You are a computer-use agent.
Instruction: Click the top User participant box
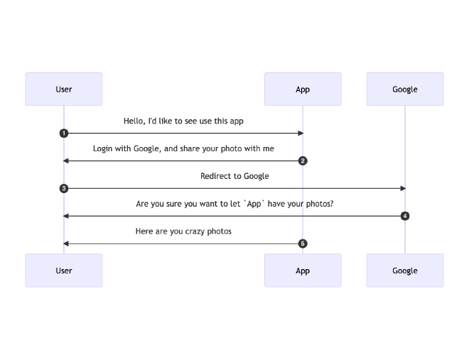point(64,89)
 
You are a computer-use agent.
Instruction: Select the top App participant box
point(303,89)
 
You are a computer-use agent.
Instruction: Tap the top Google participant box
point(405,89)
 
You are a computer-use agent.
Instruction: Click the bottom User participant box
point(64,271)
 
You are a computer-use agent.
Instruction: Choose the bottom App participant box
point(303,271)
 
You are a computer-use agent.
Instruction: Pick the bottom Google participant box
point(405,271)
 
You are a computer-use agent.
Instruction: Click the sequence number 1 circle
point(64,133)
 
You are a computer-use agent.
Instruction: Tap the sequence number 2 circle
point(303,161)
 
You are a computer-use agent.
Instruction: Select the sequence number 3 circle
point(64,189)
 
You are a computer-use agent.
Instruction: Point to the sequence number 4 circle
point(405,216)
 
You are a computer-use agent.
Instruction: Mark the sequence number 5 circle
point(303,244)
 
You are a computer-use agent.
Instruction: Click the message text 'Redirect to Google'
point(234,176)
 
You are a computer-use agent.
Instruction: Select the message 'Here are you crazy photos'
point(183,231)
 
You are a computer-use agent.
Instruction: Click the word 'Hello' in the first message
point(134,121)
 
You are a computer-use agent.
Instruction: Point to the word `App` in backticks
point(254,204)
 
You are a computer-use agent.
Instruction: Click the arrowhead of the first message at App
point(300,133)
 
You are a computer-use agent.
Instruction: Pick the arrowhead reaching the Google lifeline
point(402,189)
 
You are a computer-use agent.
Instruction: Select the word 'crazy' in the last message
point(193,231)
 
